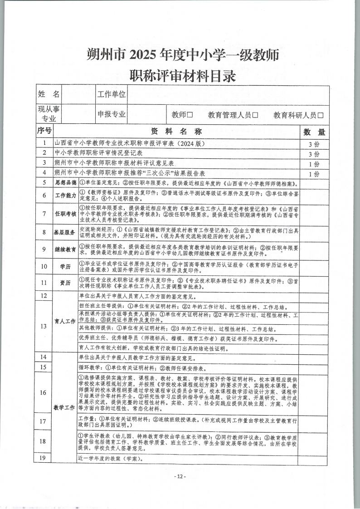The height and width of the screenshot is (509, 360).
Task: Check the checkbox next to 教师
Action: (x=190, y=115)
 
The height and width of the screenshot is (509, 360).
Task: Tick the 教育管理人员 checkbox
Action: (x=255, y=115)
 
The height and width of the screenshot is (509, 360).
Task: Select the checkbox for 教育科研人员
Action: (x=321, y=115)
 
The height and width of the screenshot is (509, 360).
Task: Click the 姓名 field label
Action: (x=49, y=94)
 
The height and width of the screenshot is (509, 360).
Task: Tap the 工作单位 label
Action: (x=112, y=94)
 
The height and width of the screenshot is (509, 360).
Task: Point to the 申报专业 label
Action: (x=112, y=114)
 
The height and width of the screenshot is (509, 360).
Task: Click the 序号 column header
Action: (x=44, y=132)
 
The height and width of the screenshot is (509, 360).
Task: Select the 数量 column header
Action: (x=314, y=132)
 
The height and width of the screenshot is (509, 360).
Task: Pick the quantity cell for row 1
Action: (x=314, y=144)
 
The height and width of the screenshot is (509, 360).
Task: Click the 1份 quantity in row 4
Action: (x=314, y=174)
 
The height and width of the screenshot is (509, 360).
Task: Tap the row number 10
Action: (x=44, y=266)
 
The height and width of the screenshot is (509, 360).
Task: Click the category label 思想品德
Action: (x=65, y=183)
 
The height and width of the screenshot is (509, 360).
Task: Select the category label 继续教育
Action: (x=65, y=249)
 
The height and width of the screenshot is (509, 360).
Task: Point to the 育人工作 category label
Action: (x=65, y=321)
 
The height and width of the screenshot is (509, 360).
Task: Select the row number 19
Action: (x=44, y=458)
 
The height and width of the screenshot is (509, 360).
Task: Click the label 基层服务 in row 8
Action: (x=65, y=232)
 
